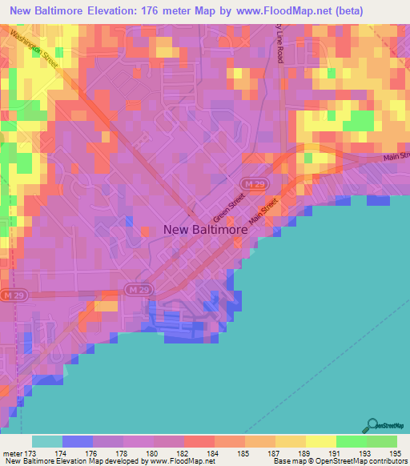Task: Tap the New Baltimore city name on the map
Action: (x=205, y=229)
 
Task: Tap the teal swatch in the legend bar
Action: (x=47, y=441)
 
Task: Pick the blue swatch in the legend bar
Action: (x=78, y=441)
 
